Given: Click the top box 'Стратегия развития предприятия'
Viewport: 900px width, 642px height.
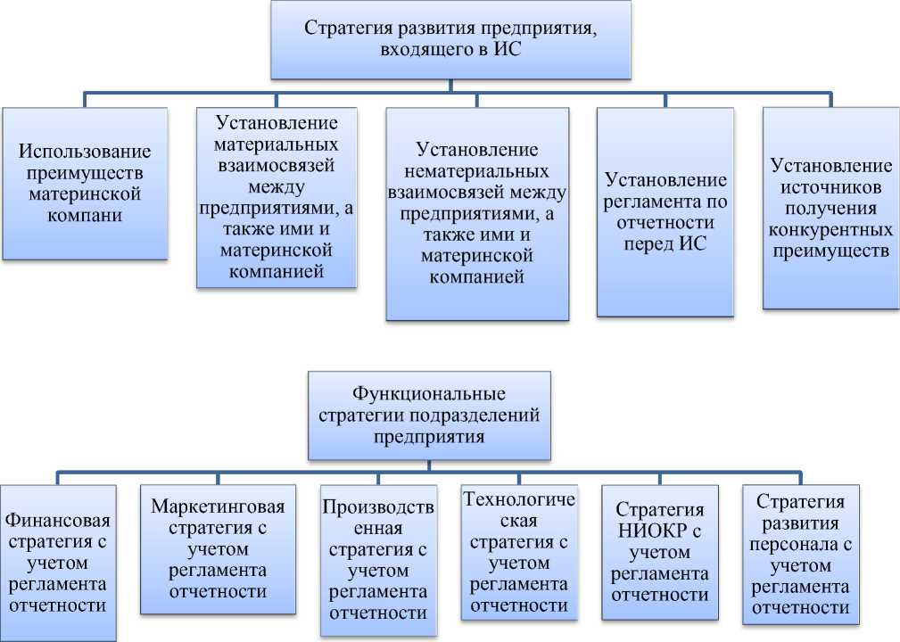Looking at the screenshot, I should coord(450,40).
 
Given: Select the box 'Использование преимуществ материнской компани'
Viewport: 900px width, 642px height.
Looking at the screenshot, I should coord(85,183).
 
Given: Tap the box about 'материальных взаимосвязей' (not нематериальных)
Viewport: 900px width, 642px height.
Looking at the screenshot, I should coord(277,198).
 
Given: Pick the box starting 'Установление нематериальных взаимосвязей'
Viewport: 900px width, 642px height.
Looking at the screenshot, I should coord(477,214).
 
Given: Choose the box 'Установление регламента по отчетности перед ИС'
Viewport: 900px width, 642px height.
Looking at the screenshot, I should coord(665,211).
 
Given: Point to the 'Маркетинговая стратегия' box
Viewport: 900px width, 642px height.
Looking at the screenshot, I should coord(218,550).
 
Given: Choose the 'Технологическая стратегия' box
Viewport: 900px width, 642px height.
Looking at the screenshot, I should coord(519,552).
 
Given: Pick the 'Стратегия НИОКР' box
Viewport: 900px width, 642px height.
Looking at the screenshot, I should coord(661,554).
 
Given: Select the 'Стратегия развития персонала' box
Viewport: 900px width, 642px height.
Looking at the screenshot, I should coord(801,553).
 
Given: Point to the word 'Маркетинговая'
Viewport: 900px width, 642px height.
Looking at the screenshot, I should coord(218,507).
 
